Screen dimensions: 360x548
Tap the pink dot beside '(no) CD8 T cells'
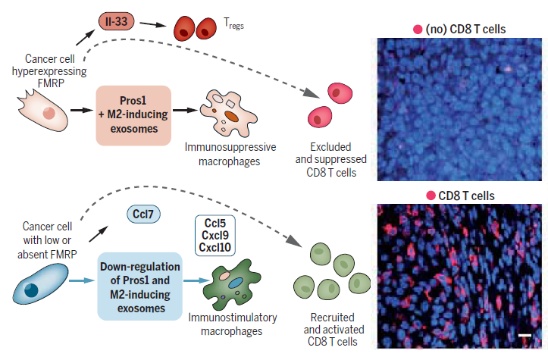click(x=417, y=30)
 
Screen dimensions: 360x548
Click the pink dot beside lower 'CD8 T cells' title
click(x=430, y=196)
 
